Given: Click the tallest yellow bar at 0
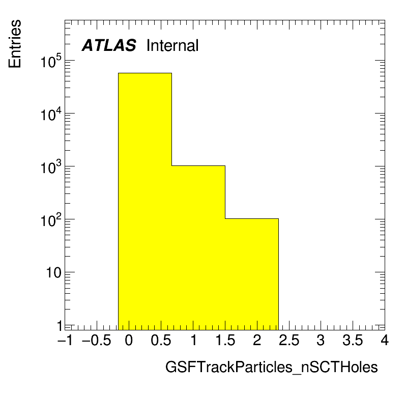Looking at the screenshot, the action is [x=145, y=201].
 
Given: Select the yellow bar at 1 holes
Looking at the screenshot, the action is [x=198, y=247].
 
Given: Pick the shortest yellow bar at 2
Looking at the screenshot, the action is [x=252, y=274].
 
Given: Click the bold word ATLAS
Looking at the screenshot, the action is [x=109, y=45].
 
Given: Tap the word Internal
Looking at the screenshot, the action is [x=172, y=45].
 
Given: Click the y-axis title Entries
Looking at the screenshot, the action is [x=15, y=44].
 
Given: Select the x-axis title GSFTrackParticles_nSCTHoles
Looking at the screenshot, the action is [x=272, y=367].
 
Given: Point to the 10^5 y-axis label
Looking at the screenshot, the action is [x=51, y=61].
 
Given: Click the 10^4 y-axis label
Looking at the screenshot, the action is [x=51, y=114].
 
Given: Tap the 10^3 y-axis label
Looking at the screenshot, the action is [x=51, y=167].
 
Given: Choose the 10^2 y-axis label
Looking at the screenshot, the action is [x=51, y=220].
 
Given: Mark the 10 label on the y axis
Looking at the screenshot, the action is [x=54, y=273].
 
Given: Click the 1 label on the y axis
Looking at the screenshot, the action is [x=60, y=326].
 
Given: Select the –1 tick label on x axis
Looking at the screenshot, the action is [x=65, y=340].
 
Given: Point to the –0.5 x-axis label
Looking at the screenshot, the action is [x=97, y=340].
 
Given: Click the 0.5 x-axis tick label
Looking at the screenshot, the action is [x=161, y=340].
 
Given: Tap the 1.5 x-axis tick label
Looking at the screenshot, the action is [x=225, y=340].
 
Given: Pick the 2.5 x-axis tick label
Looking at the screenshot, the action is [x=289, y=340].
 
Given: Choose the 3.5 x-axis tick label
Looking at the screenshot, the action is [x=353, y=340].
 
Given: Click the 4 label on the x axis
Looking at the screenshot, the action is [x=385, y=340].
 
